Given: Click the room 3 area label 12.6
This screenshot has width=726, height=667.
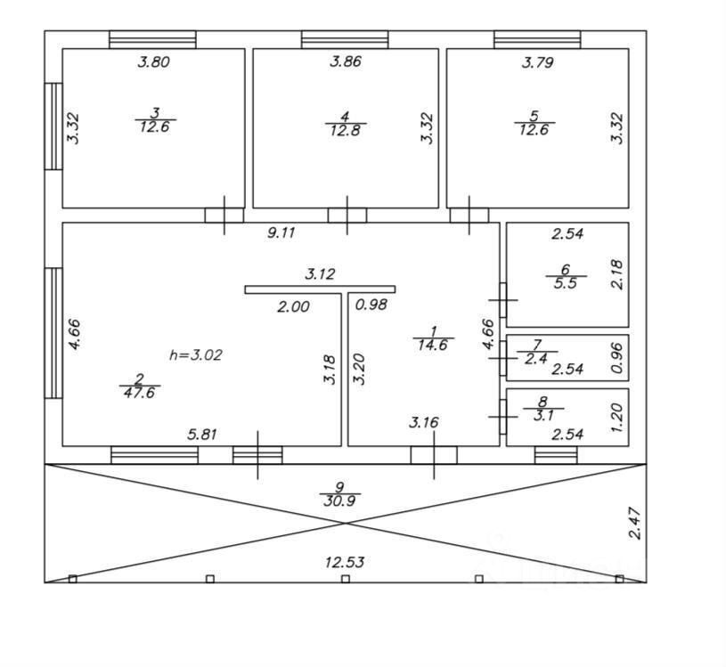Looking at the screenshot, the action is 155,126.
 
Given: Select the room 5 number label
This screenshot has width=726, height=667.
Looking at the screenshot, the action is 534,116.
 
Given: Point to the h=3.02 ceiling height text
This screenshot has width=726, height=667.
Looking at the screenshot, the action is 196,354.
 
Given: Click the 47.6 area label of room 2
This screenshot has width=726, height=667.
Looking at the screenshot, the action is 140,392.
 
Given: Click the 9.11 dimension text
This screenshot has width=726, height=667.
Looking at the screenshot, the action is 281,233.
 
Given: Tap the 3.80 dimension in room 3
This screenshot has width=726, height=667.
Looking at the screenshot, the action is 152,62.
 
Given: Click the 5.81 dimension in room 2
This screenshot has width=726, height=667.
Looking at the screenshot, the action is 204,435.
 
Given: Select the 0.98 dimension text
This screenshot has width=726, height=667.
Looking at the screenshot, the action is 371,305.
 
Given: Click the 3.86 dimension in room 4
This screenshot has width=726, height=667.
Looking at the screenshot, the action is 347,62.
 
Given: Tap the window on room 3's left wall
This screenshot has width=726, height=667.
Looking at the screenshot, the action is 53,126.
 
